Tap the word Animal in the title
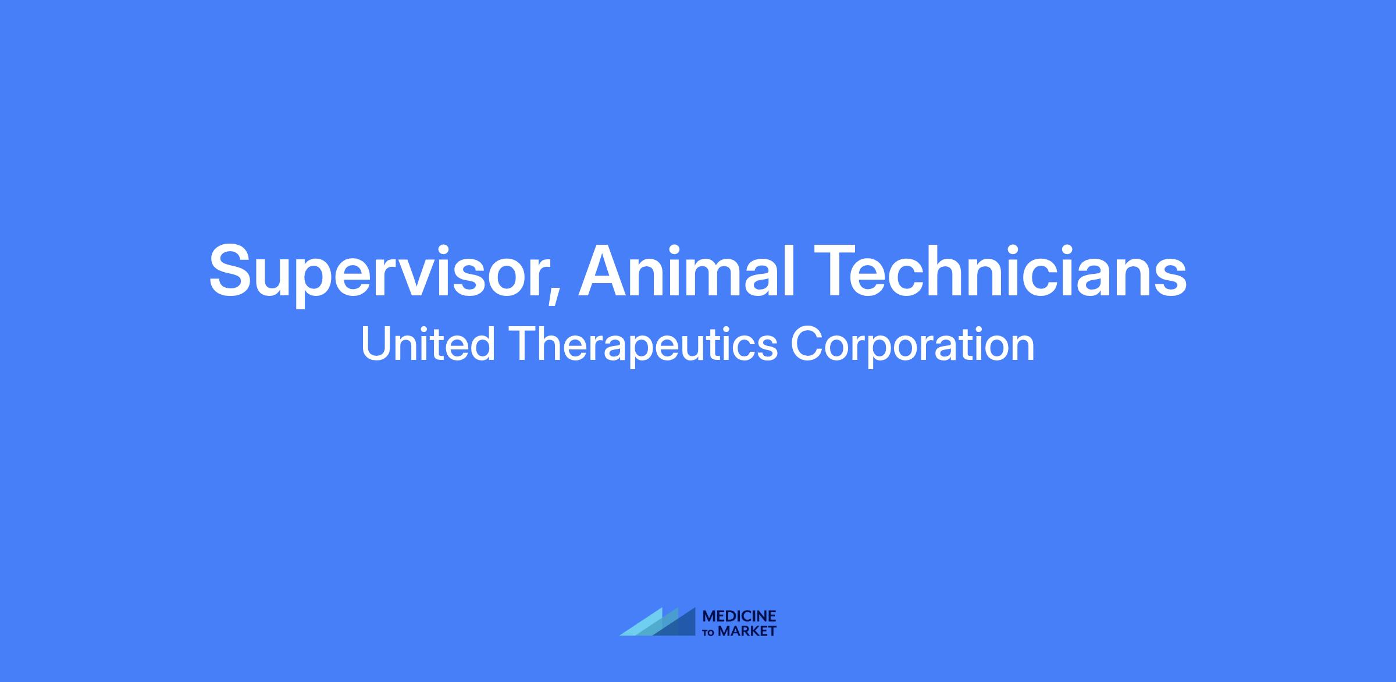pos(686,270)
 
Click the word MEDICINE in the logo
pos(739,616)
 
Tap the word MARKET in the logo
pos(747,631)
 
